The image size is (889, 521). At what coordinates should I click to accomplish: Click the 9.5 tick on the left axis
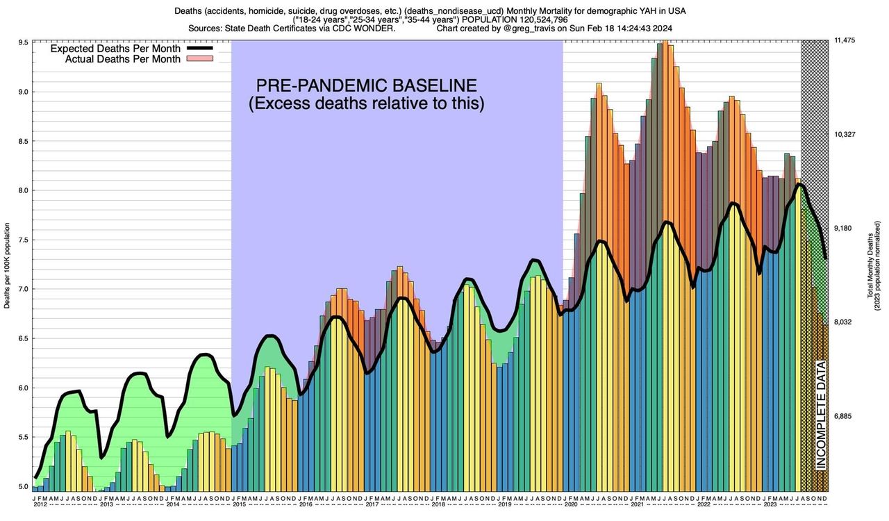[x=23, y=42]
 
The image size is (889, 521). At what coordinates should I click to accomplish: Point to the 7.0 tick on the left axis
[x=23, y=289]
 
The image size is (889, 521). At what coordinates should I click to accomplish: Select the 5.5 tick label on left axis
[x=23, y=437]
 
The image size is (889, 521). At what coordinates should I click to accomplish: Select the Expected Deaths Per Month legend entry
[x=115, y=49]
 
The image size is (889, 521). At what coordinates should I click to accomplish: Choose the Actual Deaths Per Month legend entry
[x=123, y=59]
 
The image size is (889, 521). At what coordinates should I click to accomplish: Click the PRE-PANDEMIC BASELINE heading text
[x=367, y=86]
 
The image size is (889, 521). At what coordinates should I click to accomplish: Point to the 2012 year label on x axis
[x=40, y=504]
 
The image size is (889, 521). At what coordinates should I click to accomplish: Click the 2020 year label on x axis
[x=571, y=504]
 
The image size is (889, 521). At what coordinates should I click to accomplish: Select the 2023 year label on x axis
[x=770, y=504]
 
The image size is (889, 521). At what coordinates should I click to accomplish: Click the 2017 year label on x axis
[x=372, y=504]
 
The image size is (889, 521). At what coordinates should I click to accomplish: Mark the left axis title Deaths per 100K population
[x=8, y=265]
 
